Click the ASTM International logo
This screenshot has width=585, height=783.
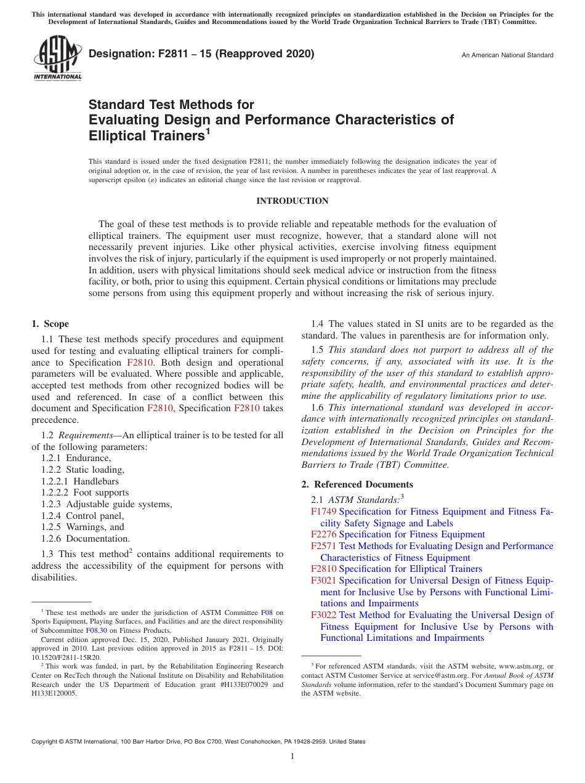coord(57,58)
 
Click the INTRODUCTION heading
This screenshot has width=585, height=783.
coord(292,201)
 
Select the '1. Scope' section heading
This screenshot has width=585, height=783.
coord(50,324)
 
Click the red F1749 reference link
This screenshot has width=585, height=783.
coord(324,512)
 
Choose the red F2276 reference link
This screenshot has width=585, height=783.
coord(324,534)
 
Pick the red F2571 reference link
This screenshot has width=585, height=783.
coord(324,546)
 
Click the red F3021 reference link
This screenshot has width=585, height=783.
coord(324,580)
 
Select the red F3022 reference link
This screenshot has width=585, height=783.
coord(324,615)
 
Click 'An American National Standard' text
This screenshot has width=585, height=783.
coord(507,55)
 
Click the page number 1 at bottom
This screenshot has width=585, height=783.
coord(292,757)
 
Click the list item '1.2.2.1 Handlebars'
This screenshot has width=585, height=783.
coord(80,481)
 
